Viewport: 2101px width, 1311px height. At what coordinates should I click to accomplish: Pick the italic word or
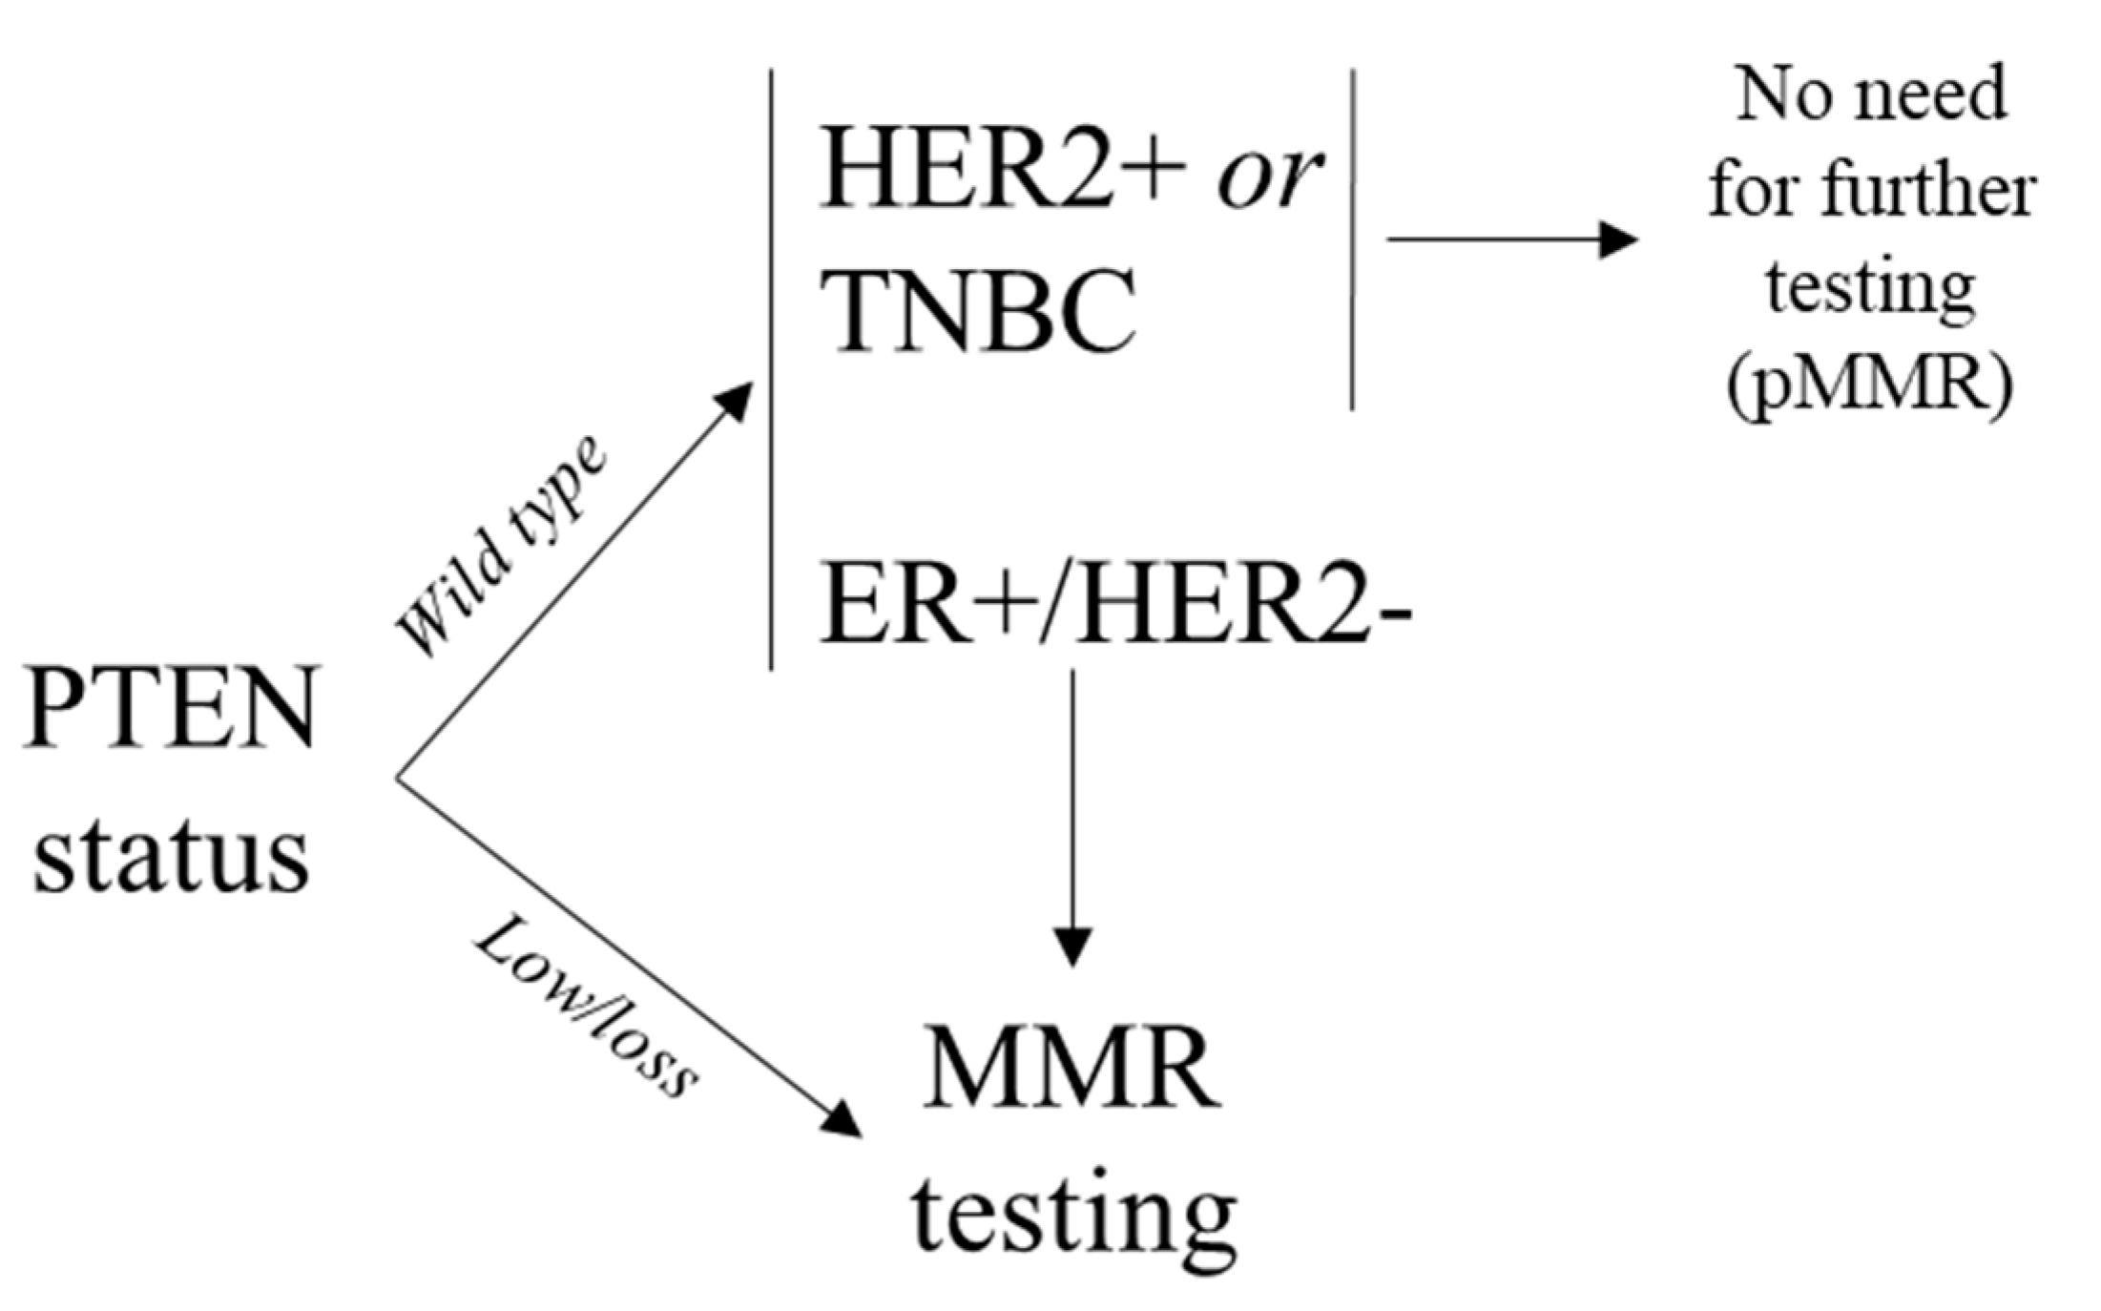[1269, 177]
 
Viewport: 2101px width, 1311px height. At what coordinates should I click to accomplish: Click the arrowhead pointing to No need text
[1619, 239]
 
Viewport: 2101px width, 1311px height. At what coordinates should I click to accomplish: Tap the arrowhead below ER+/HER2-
[1072, 947]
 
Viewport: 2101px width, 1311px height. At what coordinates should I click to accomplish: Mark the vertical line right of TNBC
[1353, 239]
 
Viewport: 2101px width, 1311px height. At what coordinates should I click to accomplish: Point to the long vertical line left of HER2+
[771, 372]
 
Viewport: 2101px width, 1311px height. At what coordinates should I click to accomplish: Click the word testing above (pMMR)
[1870, 286]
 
